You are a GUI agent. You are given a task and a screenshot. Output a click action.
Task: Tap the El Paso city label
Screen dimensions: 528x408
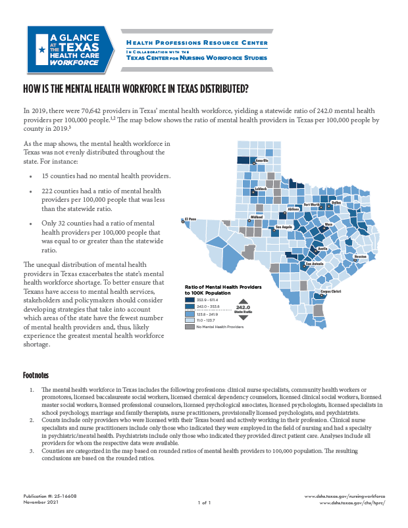pyautogui.click(x=190, y=219)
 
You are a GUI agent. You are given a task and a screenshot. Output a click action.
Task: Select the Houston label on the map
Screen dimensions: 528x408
pyautogui.click(x=360, y=256)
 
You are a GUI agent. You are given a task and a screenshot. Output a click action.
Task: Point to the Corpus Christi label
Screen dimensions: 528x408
pyautogui.click(x=330, y=291)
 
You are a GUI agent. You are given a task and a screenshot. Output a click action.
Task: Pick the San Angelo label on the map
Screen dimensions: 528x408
pyautogui.click(x=283, y=227)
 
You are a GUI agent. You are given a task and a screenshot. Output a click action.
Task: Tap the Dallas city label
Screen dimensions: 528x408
pyautogui.click(x=336, y=203)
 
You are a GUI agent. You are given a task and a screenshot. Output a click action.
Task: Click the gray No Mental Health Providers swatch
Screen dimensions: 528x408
pyautogui.click(x=189, y=327)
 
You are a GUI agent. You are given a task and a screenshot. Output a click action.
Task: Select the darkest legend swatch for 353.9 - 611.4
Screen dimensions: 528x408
pyautogui.click(x=189, y=299)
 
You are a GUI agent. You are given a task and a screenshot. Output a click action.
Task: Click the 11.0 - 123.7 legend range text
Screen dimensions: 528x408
pyautogui.click(x=207, y=320)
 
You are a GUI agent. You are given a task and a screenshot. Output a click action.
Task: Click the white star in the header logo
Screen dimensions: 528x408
pyautogui.click(x=42, y=49)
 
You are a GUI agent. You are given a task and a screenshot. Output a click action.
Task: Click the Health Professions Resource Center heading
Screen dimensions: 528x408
pyautogui.click(x=197, y=43)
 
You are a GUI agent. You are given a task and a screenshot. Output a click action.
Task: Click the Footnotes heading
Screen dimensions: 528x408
pyautogui.click(x=36, y=375)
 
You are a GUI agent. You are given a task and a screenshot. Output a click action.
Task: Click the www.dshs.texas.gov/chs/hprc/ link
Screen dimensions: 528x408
pyautogui.click(x=351, y=502)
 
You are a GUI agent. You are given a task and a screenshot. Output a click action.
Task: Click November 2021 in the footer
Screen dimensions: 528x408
pyautogui.click(x=41, y=502)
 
